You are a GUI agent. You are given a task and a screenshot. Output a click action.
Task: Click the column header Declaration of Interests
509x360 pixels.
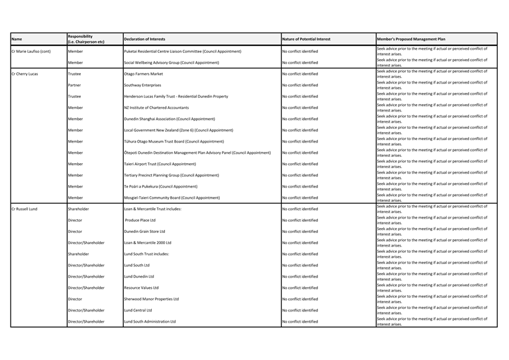pyautogui.click(x=144, y=39)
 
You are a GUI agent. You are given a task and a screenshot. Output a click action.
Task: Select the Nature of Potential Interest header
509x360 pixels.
pyautogui.click(x=306, y=39)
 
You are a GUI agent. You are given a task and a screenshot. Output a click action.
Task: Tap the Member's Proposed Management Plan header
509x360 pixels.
pyautogui.click(x=411, y=39)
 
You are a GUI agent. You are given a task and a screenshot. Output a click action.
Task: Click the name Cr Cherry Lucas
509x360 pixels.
pyautogui.click(x=25, y=74)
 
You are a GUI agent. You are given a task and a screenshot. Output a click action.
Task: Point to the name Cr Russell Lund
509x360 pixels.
pyautogui.click(x=25, y=209)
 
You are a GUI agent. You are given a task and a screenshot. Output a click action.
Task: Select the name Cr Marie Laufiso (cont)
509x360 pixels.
pyautogui.click(x=31, y=52)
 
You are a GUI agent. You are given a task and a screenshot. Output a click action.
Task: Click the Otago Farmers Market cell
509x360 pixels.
pyautogui.click(x=143, y=74)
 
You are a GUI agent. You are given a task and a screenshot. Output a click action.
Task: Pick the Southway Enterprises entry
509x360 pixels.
pyautogui.click(x=142, y=85)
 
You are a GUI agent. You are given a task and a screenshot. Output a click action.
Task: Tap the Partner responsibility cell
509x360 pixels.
pyautogui.click(x=74, y=85)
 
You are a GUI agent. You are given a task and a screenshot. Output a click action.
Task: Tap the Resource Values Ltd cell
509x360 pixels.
pyautogui.click(x=141, y=288)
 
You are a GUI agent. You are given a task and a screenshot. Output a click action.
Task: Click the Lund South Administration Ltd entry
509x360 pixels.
pyautogui.click(x=150, y=322)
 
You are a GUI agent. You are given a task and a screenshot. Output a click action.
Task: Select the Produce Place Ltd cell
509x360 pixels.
pyautogui.click(x=140, y=220)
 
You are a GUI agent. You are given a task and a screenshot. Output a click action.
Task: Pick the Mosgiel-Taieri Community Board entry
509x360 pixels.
pyautogui.click(x=172, y=198)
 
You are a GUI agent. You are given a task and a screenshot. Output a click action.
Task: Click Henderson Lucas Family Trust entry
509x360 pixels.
pyautogui.click(x=176, y=97)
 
